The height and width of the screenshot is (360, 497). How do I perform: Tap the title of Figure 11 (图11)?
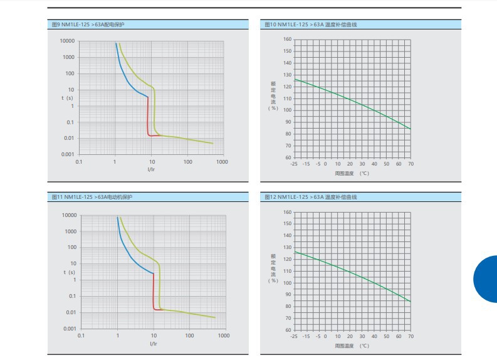[92, 197]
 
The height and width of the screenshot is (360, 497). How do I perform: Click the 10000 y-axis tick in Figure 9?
[67, 41]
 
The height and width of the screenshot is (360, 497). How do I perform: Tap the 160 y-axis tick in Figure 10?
[286, 39]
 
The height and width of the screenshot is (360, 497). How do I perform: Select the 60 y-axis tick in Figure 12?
[288, 330]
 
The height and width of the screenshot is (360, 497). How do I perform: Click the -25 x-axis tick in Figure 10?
[293, 164]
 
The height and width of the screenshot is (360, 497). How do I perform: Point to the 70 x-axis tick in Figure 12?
[411, 337]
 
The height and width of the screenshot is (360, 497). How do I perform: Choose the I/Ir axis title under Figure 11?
[154, 344]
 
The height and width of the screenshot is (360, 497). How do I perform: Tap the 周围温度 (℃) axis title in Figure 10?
[351, 173]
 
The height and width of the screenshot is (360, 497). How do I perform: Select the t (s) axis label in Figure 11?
[68, 272]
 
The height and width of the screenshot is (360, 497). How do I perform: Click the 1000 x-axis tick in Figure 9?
[222, 162]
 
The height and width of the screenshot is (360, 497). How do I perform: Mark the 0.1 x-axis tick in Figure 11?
[81, 336]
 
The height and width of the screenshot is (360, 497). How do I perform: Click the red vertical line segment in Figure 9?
[148, 116]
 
